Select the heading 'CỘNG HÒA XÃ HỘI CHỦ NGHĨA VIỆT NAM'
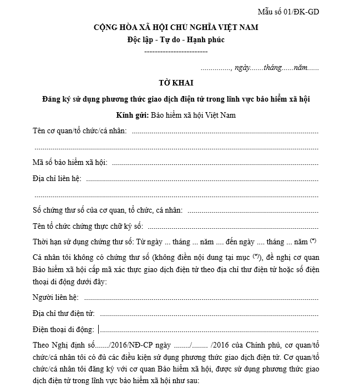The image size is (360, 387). coord(176,27)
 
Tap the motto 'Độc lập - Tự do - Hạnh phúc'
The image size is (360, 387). coord(175,40)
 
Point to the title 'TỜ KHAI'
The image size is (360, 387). coord(176,83)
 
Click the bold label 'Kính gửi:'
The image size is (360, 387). coord(132,115)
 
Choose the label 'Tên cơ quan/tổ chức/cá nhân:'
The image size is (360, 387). coord(80,131)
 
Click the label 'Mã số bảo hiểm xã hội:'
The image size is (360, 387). coord(70,163)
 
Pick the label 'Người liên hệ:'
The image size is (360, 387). coord(55,297)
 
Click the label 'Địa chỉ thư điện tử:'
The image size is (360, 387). coord(64,313)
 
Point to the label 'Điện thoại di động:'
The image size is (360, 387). coord(64,329)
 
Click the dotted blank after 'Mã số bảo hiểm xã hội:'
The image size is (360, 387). coord(215,163)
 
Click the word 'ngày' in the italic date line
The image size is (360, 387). coord(242,67)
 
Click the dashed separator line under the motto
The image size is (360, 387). coord(175,51)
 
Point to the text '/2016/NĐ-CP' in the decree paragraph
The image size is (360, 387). coord(123,345)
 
